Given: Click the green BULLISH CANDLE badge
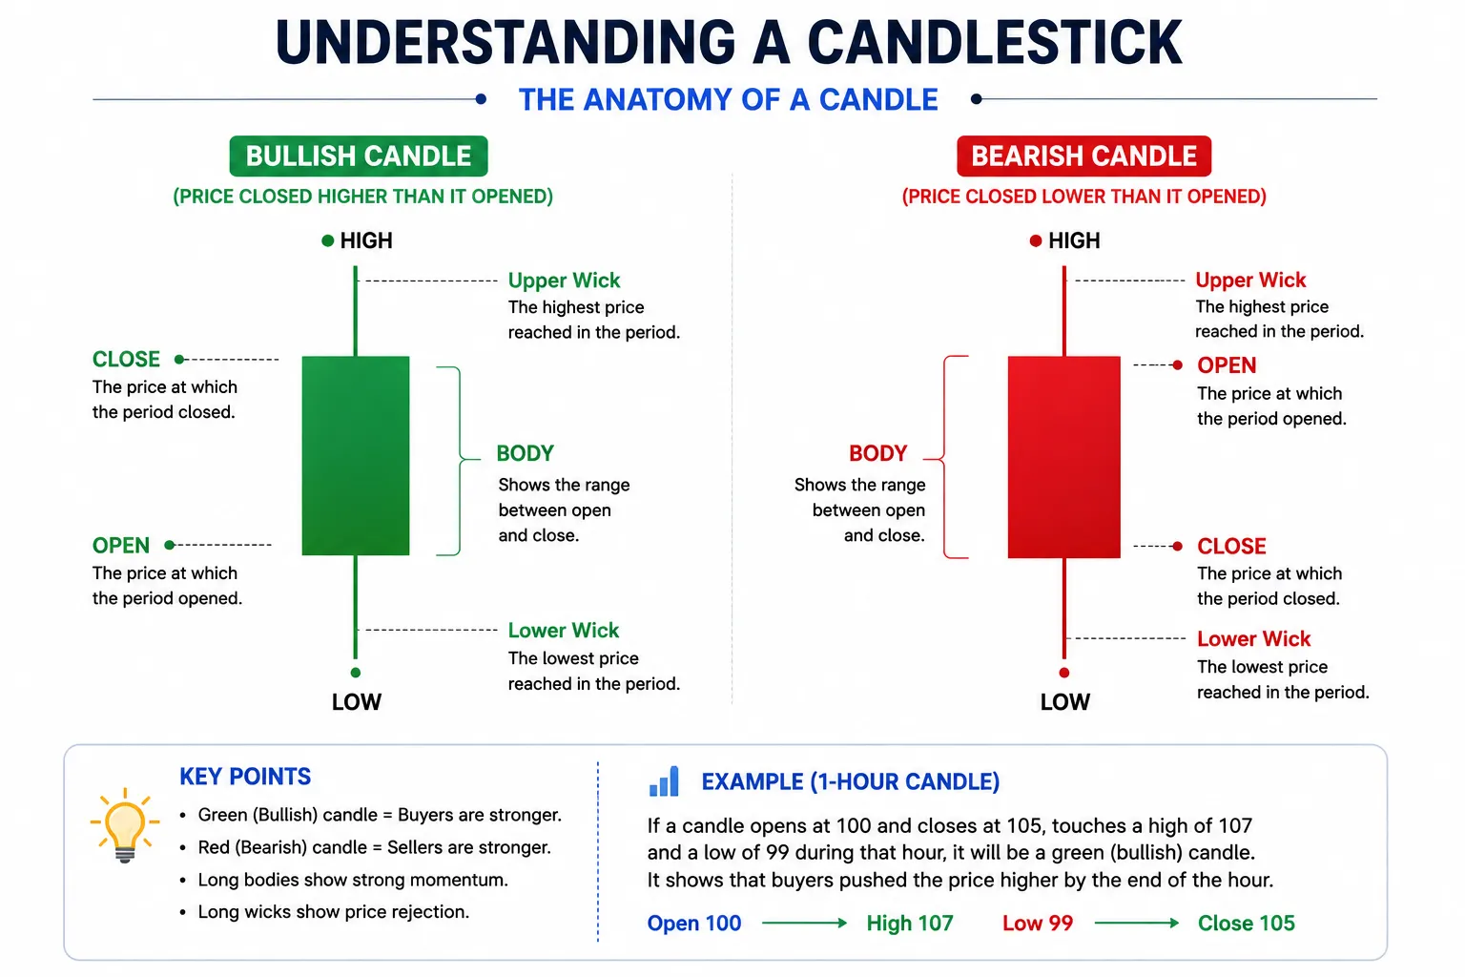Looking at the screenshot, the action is [x=359, y=156].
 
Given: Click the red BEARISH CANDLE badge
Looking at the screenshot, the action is [x=1083, y=156].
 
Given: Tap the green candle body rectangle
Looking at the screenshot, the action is [x=356, y=455].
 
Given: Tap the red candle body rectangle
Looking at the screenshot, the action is [x=1064, y=457].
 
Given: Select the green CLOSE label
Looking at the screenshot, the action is [x=126, y=360].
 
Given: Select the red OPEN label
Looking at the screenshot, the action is [x=1227, y=365].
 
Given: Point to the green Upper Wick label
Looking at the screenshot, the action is [x=564, y=281].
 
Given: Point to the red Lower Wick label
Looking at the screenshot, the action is [x=1254, y=638].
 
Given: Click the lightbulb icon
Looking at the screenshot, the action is [x=125, y=825].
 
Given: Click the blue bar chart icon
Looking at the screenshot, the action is [x=664, y=781].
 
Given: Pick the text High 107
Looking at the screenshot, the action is [x=910, y=923].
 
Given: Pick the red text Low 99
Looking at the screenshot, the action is [x=1038, y=923].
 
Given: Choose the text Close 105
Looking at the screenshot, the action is [x=1247, y=923].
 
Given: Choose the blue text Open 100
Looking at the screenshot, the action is [x=694, y=923].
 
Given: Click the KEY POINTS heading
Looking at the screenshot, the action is [x=245, y=776].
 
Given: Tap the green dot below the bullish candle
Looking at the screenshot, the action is [x=356, y=673].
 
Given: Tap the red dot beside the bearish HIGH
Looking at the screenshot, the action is [x=1035, y=240].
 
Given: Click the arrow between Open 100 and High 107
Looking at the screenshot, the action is [x=804, y=923].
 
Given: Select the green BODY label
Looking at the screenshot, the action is [x=526, y=453].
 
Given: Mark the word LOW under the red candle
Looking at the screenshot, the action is [x=1064, y=702].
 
